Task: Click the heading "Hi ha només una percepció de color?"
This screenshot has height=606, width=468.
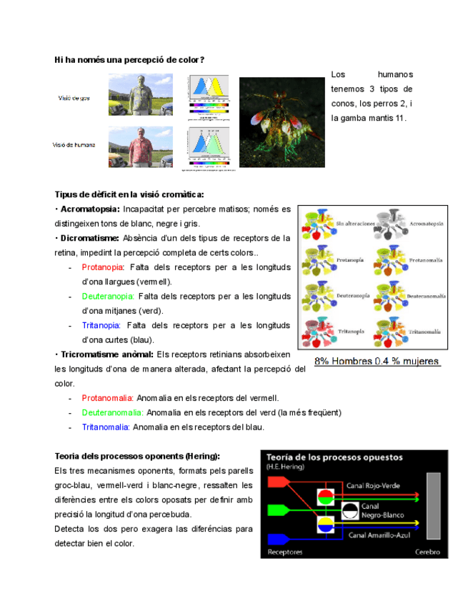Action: point(129,60)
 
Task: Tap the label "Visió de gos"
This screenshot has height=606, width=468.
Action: point(74,98)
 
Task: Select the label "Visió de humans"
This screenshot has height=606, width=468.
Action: point(74,144)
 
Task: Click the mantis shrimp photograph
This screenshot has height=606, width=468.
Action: point(282,122)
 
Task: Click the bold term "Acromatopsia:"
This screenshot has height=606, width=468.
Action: point(90,209)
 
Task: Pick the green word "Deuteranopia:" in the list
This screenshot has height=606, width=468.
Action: point(107,296)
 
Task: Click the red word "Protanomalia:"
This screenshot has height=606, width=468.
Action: point(107,398)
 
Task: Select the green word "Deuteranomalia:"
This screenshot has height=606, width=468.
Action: point(112,412)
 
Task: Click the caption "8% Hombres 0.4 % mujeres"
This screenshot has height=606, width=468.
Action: point(377,362)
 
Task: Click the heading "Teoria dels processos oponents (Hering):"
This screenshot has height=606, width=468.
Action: point(137,456)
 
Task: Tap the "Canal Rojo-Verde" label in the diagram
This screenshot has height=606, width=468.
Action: point(373,486)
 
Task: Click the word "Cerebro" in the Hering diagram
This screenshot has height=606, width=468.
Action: point(427,552)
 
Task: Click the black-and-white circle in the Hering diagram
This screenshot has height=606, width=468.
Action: point(350,510)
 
